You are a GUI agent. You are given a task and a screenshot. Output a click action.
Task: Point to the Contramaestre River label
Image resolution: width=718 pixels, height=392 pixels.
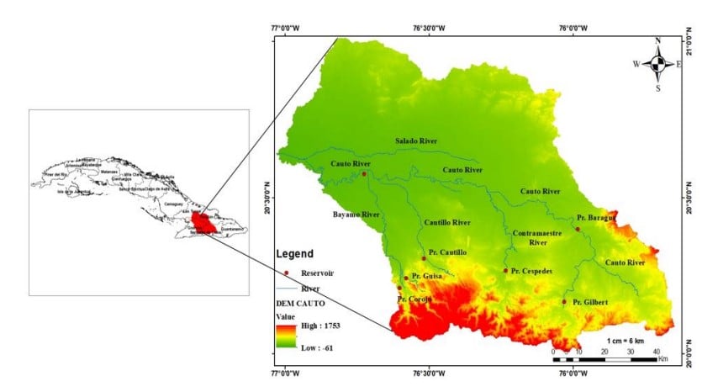point(536,236)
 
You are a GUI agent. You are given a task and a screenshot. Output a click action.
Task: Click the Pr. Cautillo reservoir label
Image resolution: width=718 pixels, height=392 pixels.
point(448,252)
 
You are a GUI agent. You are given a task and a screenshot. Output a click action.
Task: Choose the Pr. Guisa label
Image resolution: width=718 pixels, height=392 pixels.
point(428,276)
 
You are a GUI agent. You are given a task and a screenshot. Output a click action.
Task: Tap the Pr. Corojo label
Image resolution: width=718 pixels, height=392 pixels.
point(414,299)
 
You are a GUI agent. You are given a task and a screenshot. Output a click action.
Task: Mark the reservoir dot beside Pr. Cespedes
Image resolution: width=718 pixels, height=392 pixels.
point(505,271)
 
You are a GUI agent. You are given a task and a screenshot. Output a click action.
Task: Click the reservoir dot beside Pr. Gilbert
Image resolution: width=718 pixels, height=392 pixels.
point(564,302)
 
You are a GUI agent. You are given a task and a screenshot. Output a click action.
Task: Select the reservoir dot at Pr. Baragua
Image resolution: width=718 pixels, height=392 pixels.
point(577,229)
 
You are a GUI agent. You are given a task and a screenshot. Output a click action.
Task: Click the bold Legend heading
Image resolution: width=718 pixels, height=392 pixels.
point(295,253)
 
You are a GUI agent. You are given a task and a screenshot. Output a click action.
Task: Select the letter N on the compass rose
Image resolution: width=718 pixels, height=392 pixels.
point(657,40)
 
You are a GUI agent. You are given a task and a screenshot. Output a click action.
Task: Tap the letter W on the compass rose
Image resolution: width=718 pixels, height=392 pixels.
point(636,64)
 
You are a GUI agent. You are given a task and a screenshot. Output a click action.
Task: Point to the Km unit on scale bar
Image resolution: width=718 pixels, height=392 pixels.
point(663,358)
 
